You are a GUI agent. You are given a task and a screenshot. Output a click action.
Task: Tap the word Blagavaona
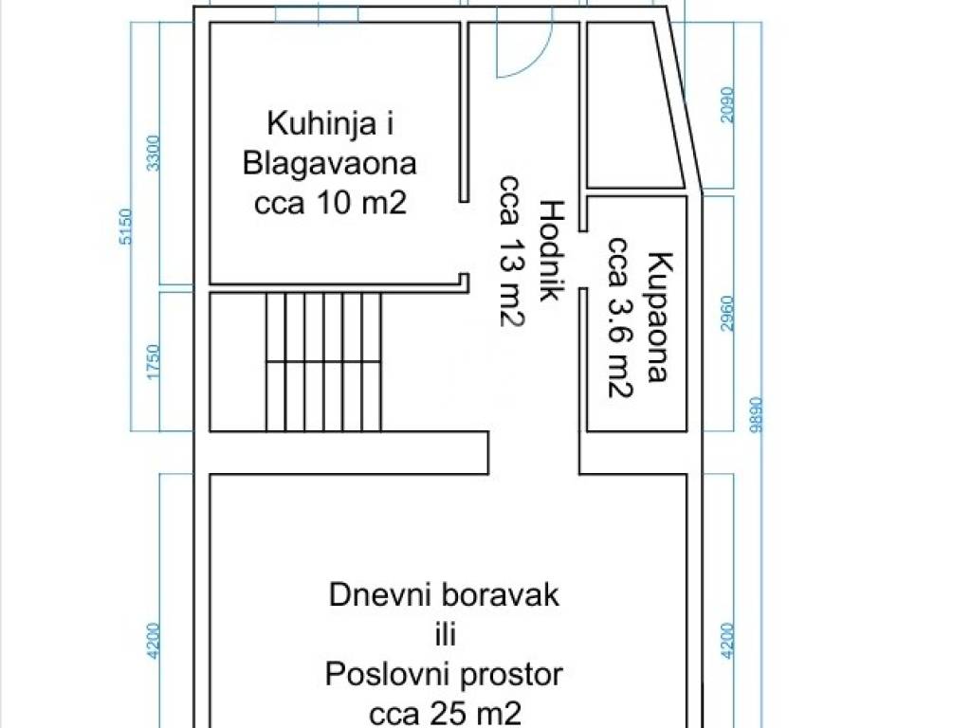[x=329, y=164]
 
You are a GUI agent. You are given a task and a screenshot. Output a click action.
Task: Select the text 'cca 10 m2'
[x=330, y=203]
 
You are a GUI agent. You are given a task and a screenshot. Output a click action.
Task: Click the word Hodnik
[x=551, y=250]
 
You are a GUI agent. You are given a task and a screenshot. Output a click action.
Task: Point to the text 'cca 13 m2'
[x=512, y=250]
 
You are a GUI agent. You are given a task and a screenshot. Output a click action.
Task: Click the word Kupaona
[x=659, y=317]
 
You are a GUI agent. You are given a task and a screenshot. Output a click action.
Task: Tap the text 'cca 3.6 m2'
[x=620, y=317]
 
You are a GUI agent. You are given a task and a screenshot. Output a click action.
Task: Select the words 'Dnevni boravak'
[x=444, y=595]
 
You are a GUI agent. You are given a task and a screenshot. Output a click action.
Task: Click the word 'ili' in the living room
[x=445, y=634]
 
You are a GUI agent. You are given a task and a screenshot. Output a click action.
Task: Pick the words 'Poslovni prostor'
[x=444, y=674]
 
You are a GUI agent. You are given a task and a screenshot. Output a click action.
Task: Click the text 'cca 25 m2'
[x=445, y=713]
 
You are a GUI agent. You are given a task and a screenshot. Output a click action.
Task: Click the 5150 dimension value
[x=125, y=227]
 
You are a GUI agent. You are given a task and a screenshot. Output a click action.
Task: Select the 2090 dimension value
[x=727, y=105]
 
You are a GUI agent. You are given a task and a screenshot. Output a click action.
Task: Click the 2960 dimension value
[x=727, y=314]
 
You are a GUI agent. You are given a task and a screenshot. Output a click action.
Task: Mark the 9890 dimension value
[x=755, y=415]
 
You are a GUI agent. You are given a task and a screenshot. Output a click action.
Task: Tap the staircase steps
[x=323, y=361]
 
